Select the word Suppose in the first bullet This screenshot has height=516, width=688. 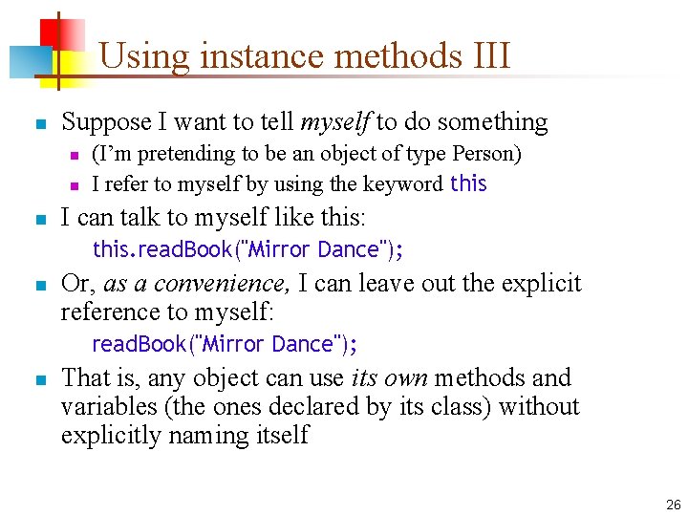106,122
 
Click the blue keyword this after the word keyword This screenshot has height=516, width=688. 468,183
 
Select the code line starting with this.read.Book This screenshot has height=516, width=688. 247,250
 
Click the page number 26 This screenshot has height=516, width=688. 673,505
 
